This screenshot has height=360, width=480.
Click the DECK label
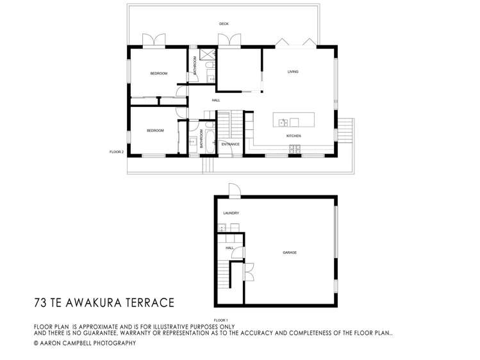224,24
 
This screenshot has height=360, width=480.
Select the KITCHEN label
294,136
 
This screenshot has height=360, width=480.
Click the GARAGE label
290,252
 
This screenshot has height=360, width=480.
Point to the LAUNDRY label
231,213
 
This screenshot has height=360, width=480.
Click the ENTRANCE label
230,144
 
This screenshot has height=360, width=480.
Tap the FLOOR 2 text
116,152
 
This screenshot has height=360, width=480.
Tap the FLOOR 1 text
220,320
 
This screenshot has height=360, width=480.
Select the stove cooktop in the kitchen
295,149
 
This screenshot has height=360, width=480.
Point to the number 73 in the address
41,301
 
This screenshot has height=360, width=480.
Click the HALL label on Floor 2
216,101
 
